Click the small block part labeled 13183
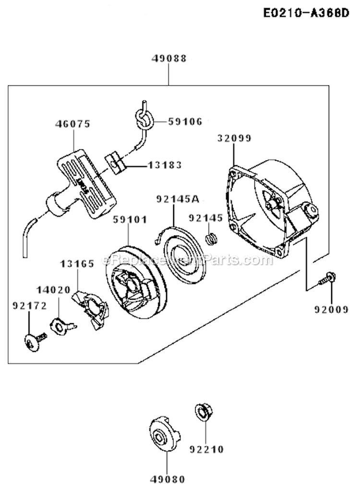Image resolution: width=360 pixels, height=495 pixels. click(115, 162)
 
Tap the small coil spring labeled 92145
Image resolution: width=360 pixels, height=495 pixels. click(211, 238)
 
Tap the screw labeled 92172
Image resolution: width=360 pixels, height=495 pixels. click(33, 341)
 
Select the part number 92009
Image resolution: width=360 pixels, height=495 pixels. click(331, 309)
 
